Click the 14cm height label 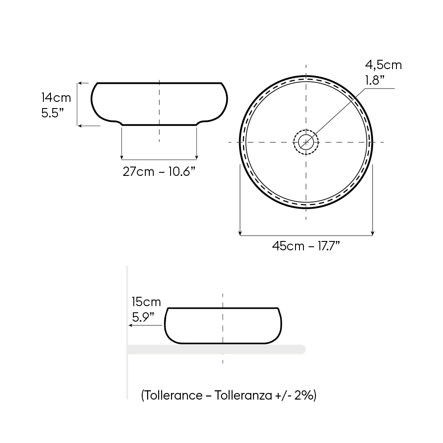[x=56, y=98]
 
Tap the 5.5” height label [x=53, y=113]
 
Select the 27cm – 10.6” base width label [x=159, y=171]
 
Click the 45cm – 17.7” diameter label [x=306, y=246]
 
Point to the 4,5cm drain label [x=383, y=65]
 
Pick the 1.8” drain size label [x=375, y=80]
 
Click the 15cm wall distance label [x=146, y=302]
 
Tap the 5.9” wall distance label [x=143, y=317]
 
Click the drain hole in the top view [x=306, y=142]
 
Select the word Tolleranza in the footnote [x=243, y=395]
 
